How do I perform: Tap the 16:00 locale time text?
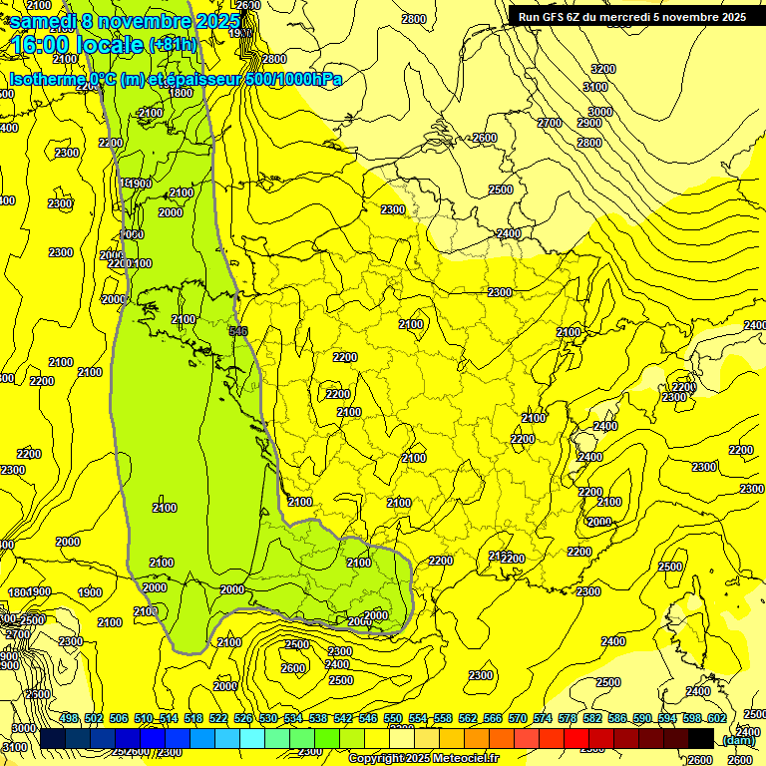tap(78, 45)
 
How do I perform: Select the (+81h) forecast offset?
tap(173, 45)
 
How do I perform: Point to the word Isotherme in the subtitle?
tap(47, 79)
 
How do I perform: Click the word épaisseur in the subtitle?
tap(208, 79)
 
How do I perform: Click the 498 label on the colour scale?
tap(69, 719)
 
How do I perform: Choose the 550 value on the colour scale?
tap(393, 719)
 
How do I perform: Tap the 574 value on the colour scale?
tap(543, 719)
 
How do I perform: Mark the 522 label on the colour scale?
tap(218, 719)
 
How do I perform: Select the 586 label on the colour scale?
tap(617, 719)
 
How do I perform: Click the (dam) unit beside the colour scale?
tap(738, 740)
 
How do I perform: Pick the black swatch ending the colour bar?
tap(701, 738)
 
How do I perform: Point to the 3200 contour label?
tap(603, 69)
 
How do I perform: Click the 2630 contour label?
tap(248, 5)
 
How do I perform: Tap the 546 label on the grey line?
tap(237, 331)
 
